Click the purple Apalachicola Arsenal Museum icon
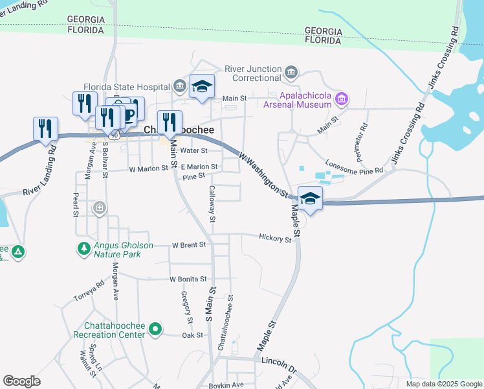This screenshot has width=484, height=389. tap(342, 99)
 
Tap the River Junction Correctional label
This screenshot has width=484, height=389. tap(253, 74)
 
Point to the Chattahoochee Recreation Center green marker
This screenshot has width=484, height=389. tap(154, 330)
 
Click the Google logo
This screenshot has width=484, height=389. tap(21, 381)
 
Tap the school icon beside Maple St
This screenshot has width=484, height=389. tap(310, 200)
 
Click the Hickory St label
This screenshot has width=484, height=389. tap(275, 239)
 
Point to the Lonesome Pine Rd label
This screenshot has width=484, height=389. tap(354, 166)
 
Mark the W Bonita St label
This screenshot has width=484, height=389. tap(187, 279)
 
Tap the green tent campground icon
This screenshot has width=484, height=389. tap(19, 252)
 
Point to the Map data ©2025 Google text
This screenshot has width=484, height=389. tap(443, 384)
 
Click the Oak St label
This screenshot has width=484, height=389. tap(193, 335)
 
